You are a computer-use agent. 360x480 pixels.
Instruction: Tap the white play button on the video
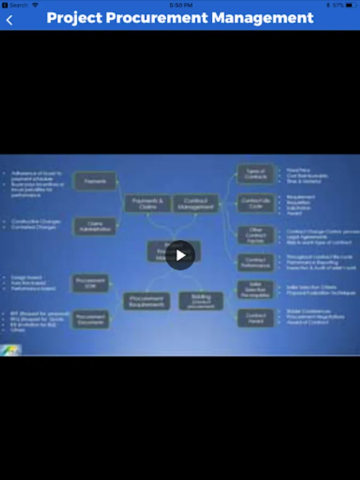pos(180,255)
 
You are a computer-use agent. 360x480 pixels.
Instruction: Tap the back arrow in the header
pos(10,20)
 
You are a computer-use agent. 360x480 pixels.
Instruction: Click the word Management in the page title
pos(262,18)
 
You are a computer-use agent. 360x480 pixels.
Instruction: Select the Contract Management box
pos(195,203)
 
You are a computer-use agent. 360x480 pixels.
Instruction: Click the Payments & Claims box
pos(148,203)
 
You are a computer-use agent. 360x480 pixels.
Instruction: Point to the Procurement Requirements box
pos(147,301)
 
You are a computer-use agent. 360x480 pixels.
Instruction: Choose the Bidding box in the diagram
pos(201,301)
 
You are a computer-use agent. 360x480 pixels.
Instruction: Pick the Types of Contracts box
pos(255,174)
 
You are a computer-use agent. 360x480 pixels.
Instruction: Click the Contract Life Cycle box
pos(255,203)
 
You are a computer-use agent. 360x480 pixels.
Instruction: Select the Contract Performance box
pos(255,262)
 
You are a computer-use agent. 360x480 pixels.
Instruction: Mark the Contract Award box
pos(255,318)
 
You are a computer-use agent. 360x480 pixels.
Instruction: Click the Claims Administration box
pos(94,227)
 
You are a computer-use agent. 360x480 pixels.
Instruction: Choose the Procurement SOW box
pos(90,283)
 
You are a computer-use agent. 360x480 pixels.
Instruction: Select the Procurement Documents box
pos(90,319)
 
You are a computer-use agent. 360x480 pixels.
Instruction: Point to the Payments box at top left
pos(94,181)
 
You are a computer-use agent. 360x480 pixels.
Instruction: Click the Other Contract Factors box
pos(255,235)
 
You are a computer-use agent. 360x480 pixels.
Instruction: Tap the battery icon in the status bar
pos(350,5)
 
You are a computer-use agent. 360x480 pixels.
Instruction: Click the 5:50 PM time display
pos(181,5)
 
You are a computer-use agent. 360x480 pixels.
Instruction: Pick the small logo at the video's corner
pos(11,350)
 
